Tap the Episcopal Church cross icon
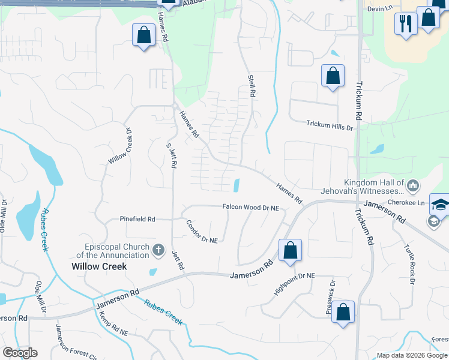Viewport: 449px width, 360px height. point(158,249)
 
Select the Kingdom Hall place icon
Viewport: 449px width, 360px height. point(412,187)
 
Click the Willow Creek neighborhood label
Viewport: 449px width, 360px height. point(99,266)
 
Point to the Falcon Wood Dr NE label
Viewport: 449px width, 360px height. point(251,207)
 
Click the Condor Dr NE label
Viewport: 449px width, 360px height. point(201,231)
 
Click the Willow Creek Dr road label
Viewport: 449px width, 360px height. point(119,147)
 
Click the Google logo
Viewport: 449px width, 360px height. point(20,353)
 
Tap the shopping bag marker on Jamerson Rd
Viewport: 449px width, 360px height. point(290,251)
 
